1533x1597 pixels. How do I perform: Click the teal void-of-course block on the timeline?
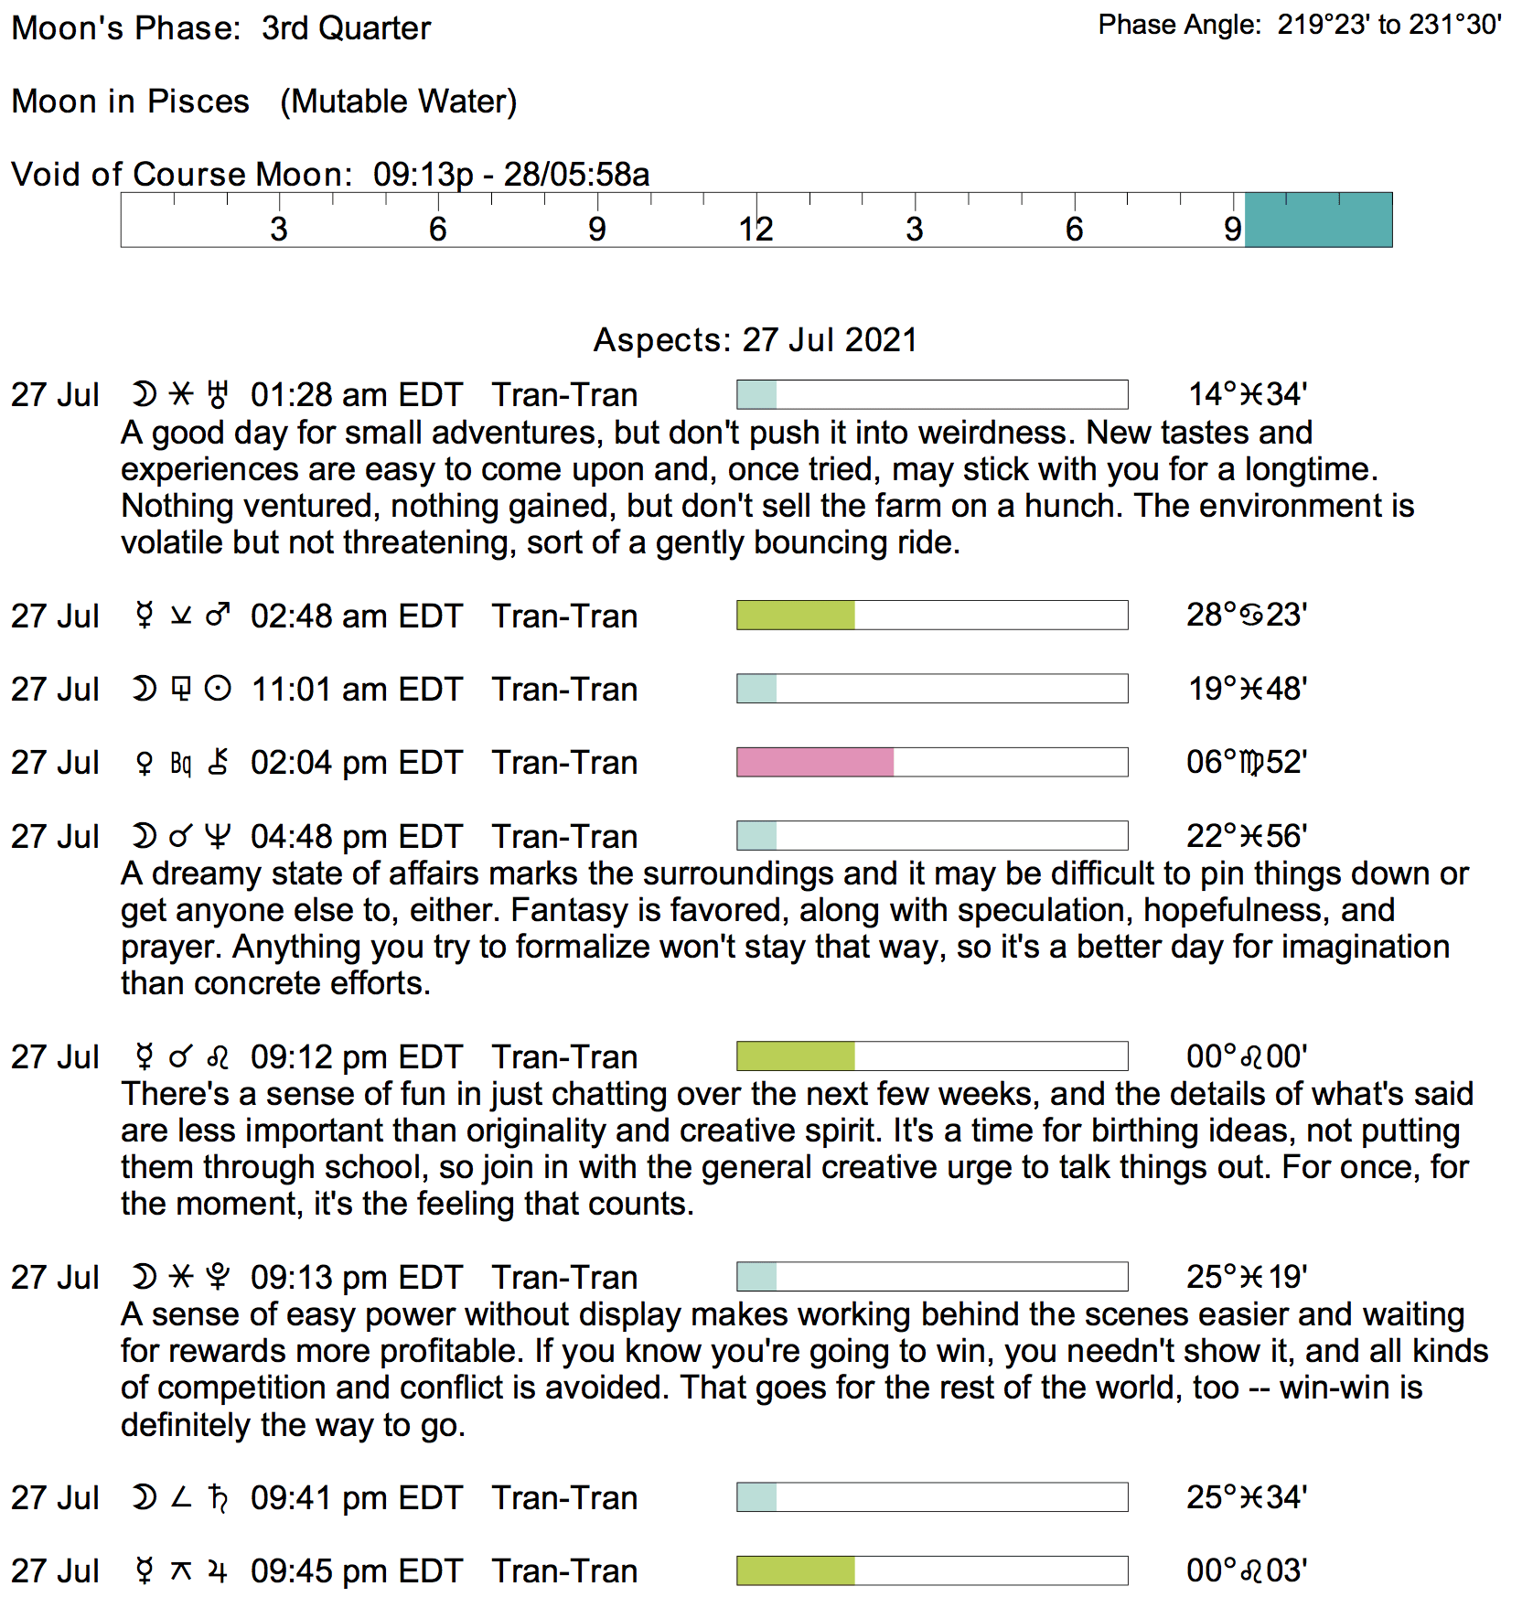(1318, 220)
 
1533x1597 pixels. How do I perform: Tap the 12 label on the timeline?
(756, 229)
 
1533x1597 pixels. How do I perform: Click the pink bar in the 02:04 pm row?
(815, 762)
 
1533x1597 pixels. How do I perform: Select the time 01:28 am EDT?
(357, 395)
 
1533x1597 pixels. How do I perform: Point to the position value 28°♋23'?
(1247, 615)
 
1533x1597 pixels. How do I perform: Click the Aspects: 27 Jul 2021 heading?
(755, 339)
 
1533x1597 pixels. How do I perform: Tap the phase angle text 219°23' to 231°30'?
(1389, 25)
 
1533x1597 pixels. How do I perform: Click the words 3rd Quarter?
(346, 28)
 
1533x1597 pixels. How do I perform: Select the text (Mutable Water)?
(399, 102)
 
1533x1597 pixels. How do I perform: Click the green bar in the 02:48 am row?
(796, 616)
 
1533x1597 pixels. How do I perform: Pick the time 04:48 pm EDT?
(357, 837)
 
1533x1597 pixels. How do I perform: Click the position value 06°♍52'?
(1247, 762)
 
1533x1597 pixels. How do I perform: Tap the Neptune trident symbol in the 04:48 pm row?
(218, 836)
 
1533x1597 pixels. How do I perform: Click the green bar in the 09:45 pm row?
(796, 1570)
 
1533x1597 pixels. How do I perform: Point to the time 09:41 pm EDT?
(357, 1497)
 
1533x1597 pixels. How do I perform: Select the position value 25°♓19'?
(1247, 1277)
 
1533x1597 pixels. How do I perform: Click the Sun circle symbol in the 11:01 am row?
(218, 689)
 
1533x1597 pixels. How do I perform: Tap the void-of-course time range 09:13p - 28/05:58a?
(511, 174)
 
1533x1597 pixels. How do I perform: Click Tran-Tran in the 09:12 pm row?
(564, 1057)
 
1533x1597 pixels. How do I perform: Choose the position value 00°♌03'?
(1247, 1570)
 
